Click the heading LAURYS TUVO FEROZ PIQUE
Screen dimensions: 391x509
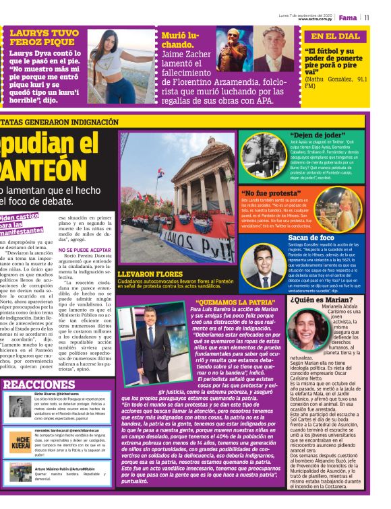click(43, 38)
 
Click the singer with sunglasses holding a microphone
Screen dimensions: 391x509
click(233, 48)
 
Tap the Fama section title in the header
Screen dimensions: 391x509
click(348, 18)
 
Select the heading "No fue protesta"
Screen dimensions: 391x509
click(270, 193)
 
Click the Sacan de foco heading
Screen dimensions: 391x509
click(311, 238)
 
